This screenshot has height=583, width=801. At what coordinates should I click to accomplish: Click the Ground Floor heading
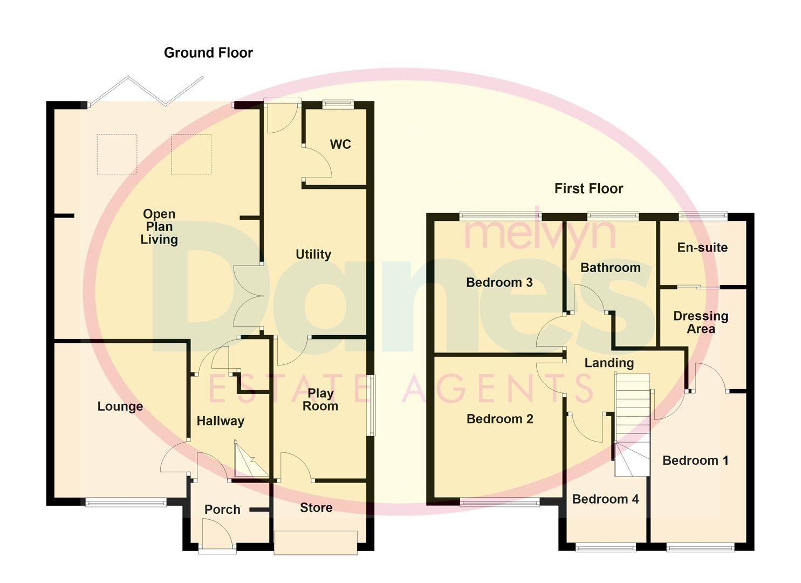[x=208, y=53]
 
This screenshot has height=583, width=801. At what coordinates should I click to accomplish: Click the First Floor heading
[x=588, y=188]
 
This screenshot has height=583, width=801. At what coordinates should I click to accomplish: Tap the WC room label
[x=340, y=144]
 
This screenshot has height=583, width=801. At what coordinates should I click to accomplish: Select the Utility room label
[x=313, y=254]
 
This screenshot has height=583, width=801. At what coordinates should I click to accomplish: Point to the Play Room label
[x=320, y=400]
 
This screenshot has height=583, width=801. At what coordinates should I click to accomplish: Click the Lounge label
[x=120, y=406]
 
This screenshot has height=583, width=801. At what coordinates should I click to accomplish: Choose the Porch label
[x=222, y=510]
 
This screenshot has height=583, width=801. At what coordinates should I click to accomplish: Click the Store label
[x=316, y=507]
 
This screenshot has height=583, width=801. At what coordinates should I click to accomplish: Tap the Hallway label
[x=220, y=421]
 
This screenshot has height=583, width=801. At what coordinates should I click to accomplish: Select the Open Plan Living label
[x=159, y=227]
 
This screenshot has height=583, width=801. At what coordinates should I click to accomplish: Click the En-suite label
[x=702, y=248]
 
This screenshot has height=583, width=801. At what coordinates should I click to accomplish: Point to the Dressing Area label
[x=701, y=322]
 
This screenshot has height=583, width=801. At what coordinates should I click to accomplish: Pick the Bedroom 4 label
[x=605, y=499]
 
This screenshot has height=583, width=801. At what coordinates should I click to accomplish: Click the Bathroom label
[x=610, y=268]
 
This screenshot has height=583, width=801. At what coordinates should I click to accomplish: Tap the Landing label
[x=609, y=363]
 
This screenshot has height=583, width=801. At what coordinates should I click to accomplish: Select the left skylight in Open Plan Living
[x=117, y=154]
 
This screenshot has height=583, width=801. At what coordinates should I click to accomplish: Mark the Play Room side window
[x=372, y=405]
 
